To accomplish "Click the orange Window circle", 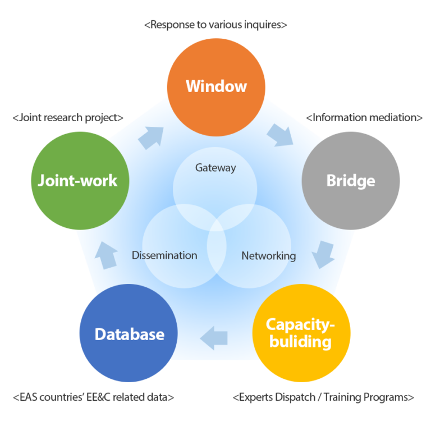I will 215,86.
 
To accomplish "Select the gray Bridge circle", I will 351,181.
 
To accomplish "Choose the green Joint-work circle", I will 79,181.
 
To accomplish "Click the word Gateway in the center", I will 215,168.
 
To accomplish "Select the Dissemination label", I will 164,255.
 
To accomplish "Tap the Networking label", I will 268,256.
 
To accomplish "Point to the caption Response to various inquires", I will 215,25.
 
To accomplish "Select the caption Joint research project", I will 67,118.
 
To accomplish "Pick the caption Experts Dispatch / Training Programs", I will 323,397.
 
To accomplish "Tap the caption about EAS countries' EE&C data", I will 93,397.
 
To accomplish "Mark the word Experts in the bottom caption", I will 256,397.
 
